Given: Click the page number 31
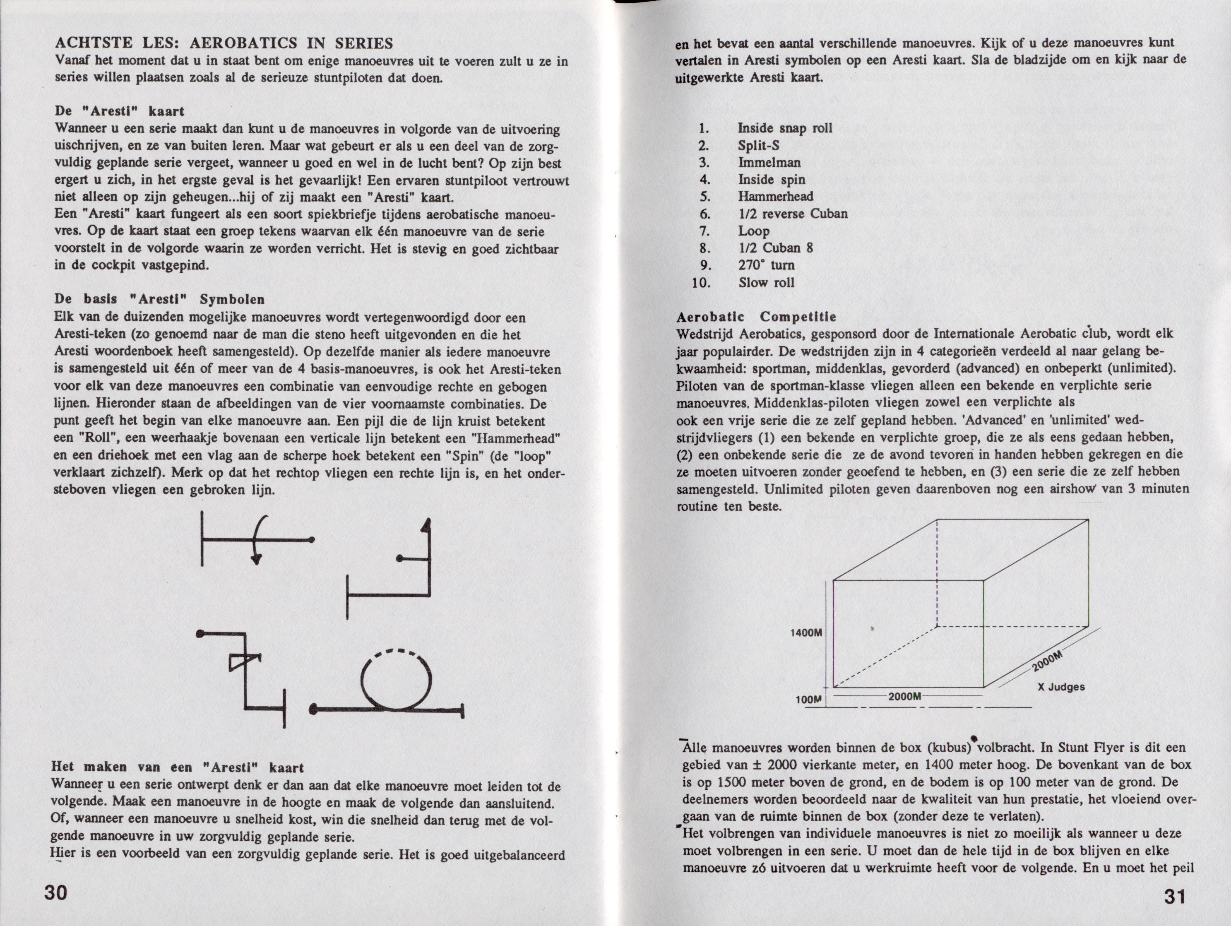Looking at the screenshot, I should coord(1174,897).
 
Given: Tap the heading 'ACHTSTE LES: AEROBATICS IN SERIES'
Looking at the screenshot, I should coord(224,43).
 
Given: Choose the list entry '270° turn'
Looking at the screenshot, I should coord(766,265).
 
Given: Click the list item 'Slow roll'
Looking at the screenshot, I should coord(766,282).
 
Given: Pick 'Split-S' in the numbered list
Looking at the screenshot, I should coord(759,145).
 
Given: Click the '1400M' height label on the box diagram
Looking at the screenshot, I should coord(806,633).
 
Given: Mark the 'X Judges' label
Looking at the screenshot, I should coord(1061,687).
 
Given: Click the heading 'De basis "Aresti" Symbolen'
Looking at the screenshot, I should coord(160,299).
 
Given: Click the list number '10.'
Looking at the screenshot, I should coord(702,282).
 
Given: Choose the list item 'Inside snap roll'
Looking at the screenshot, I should coord(785,128).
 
